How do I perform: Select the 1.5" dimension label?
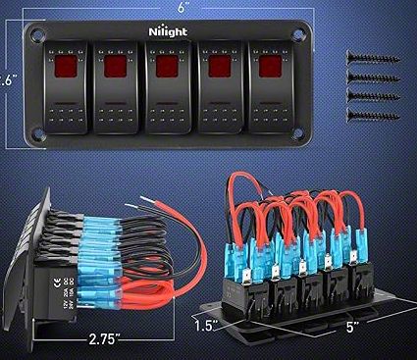(204, 322)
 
